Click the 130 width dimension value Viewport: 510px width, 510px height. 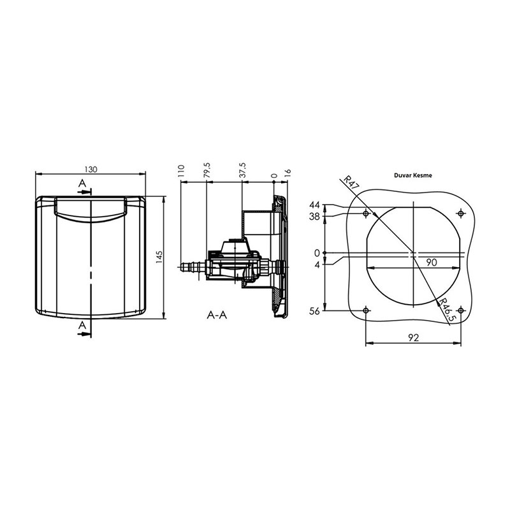(91, 169)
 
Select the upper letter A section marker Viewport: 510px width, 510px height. (81, 184)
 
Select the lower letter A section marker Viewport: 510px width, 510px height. (81, 326)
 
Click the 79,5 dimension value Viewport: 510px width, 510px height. (207, 171)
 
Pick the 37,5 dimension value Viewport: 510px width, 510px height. (242, 171)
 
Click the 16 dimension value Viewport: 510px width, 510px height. (288, 172)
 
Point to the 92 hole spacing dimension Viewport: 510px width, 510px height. (414, 339)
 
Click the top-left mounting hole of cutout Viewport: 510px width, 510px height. (365, 213)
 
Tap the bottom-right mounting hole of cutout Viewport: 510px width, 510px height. (462, 310)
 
